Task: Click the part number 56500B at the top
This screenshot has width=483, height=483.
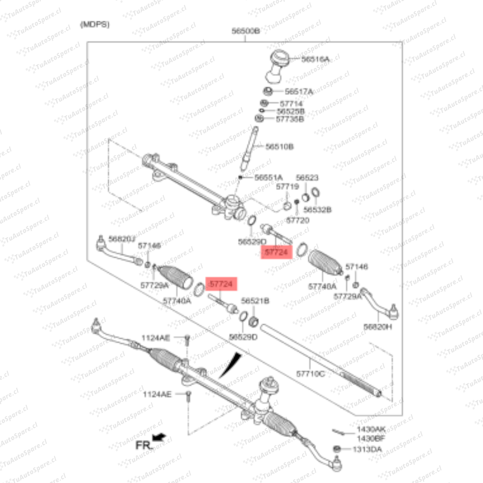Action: [246, 31]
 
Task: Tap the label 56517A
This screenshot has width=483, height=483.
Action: [299, 92]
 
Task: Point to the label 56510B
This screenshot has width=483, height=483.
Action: [280, 146]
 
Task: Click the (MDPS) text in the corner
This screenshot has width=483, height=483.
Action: [94, 25]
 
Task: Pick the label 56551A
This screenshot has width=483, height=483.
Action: [268, 178]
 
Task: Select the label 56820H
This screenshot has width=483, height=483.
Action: [377, 327]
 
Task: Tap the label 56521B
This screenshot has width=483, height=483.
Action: [255, 301]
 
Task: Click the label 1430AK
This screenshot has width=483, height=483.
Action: [371, 428]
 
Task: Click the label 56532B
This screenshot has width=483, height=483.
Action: [318, 209]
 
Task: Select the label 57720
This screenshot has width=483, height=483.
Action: [297, 220]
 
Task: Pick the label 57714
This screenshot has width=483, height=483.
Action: [288, 103]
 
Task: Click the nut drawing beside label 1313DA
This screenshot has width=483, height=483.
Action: [337, 449]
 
